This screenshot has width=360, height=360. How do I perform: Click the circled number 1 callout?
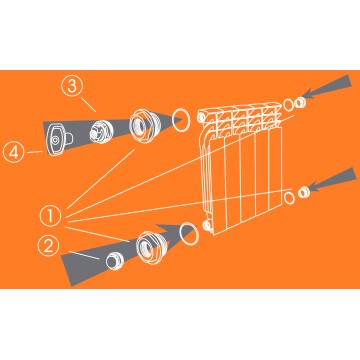50,216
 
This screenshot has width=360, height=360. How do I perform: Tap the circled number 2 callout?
48,246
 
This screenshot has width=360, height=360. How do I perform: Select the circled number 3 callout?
72,86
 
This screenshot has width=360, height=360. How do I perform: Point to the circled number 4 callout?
14,152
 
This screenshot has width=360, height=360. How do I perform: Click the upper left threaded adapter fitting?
142,126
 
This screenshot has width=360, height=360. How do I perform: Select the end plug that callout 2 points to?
114,261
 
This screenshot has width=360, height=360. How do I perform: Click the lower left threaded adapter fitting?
150,246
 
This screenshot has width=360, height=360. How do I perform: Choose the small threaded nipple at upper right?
300,103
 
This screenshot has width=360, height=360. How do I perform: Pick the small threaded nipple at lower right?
303,192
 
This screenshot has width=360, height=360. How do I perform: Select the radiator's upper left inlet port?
201,117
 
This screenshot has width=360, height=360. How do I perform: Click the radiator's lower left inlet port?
208,226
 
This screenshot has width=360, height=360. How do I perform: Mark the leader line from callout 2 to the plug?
83,254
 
